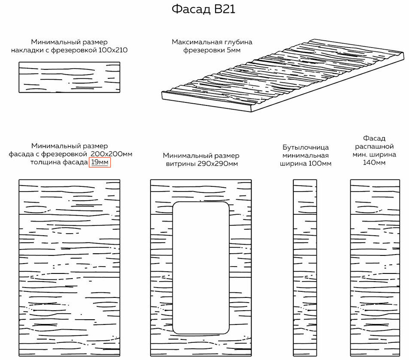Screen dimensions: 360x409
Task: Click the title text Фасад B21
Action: click(x=204, y=9)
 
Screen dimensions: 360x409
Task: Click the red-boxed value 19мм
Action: click(x=100, y=162)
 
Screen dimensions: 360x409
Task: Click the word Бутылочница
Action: click(x=306, y=147)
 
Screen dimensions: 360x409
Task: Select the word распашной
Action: click(x=375, y=146)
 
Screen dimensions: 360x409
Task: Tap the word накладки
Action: click(x=27, y=50)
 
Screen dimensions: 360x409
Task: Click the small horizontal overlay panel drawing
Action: click(x=69, y=77)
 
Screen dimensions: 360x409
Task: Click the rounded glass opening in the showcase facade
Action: click(x=201, y=268)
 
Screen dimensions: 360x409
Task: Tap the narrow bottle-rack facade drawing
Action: click(x=305, y=268)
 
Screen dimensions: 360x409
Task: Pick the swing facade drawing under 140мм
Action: click(x=375, y=268)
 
